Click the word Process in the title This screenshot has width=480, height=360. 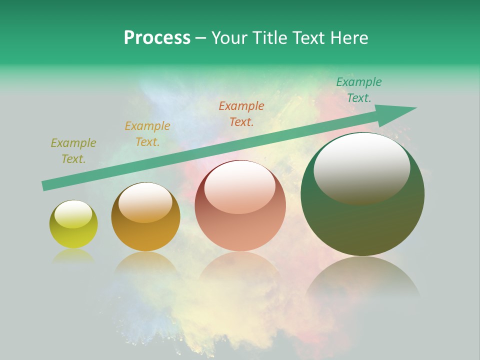click(x=157, y=38)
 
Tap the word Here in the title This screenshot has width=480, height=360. click(x=348, y=38)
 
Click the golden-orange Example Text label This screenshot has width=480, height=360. click(x=147, y=134)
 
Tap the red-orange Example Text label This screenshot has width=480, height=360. click(x=241, y=113)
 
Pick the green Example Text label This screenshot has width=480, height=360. click(x=358, y=90)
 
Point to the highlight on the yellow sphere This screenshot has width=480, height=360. click(x=73, y=214)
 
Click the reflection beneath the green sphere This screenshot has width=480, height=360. click(x=362, y=280)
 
